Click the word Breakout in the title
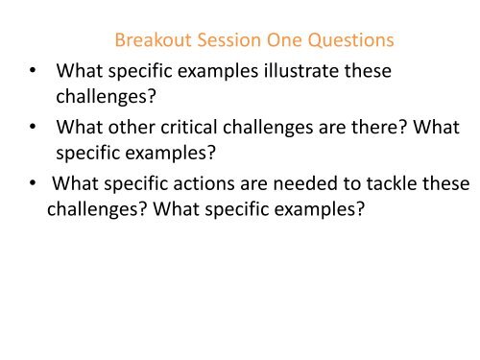pyautogui.click(x=149, y=41)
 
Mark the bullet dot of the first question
pyautogui.click(x=36, y=72)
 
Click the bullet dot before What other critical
pyautogui.click(x=36, y=128)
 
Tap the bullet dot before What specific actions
pyautogui.click(x=36, y=183)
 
